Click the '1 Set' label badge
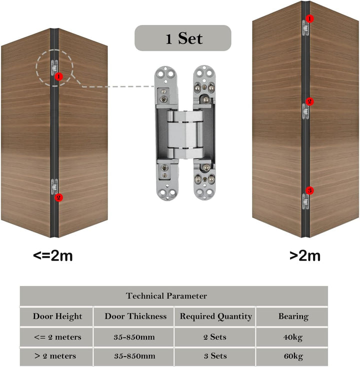tap(183, 38)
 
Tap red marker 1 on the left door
tap(59, 76)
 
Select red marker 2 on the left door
tap(59, 197)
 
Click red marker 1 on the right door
tap(309, 18)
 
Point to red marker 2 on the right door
tap(309, 101)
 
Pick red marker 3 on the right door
tap(309, 190)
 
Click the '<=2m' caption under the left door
tap(53, 256)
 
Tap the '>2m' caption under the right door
tap(305, 256)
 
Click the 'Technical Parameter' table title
tap(166, 296)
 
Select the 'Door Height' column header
tap(57, 316)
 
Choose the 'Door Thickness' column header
tap(135, 316)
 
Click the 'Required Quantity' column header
tap(216, 316)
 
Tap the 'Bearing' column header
tap(293, 316)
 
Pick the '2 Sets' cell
tap(215, 337)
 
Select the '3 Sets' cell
tap(215, 356)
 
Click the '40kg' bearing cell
tap(293, 337)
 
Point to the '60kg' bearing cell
tap(293, 356)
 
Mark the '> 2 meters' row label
tap(55, 356)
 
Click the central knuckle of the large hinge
tap(185, 134)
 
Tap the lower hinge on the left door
tap(54, 186)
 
